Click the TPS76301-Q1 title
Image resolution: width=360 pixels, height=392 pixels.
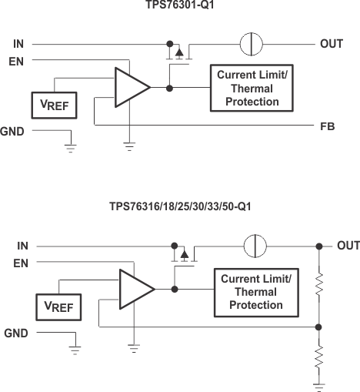point(179,6)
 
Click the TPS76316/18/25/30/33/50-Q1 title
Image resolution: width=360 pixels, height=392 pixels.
point(179,207)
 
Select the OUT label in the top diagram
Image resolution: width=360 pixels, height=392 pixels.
point(331,44)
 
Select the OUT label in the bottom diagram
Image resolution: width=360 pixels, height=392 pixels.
point(348,246)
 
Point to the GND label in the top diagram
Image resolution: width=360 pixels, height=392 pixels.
point(13,132)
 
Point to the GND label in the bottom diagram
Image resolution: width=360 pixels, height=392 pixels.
point(16,333)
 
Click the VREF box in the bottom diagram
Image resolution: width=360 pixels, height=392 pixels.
point(58,307)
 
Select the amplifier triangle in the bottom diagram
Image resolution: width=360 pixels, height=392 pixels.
point(134,289)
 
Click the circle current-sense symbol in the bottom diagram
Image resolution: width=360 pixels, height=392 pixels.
point(253,246)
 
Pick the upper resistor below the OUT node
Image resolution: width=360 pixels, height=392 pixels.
point(318,284)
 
